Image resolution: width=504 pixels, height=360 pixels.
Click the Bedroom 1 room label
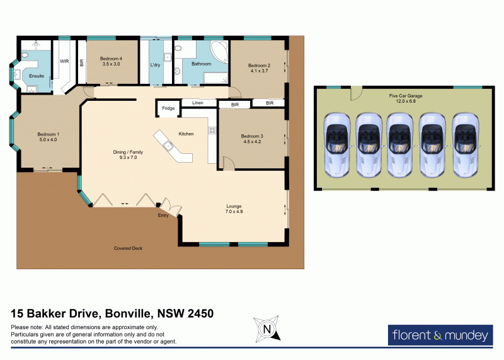(47, 134)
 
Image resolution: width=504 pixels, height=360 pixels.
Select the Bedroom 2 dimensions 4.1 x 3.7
(258, 71)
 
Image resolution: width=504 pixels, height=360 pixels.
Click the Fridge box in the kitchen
(168, 108)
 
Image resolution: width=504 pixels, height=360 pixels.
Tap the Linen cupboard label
(198, 102)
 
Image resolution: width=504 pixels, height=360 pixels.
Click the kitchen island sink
(169, 146)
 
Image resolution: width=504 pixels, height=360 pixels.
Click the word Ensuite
(37, 76)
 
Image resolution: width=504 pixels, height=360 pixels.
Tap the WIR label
(64, 61)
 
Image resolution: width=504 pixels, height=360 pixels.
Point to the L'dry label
(156, 65)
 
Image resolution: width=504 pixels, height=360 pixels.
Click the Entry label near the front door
(163, 216)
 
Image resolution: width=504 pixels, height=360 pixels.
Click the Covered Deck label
(128, 248)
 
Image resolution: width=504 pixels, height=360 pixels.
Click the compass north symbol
(266, 328)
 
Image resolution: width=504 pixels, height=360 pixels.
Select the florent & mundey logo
(440, 335)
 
